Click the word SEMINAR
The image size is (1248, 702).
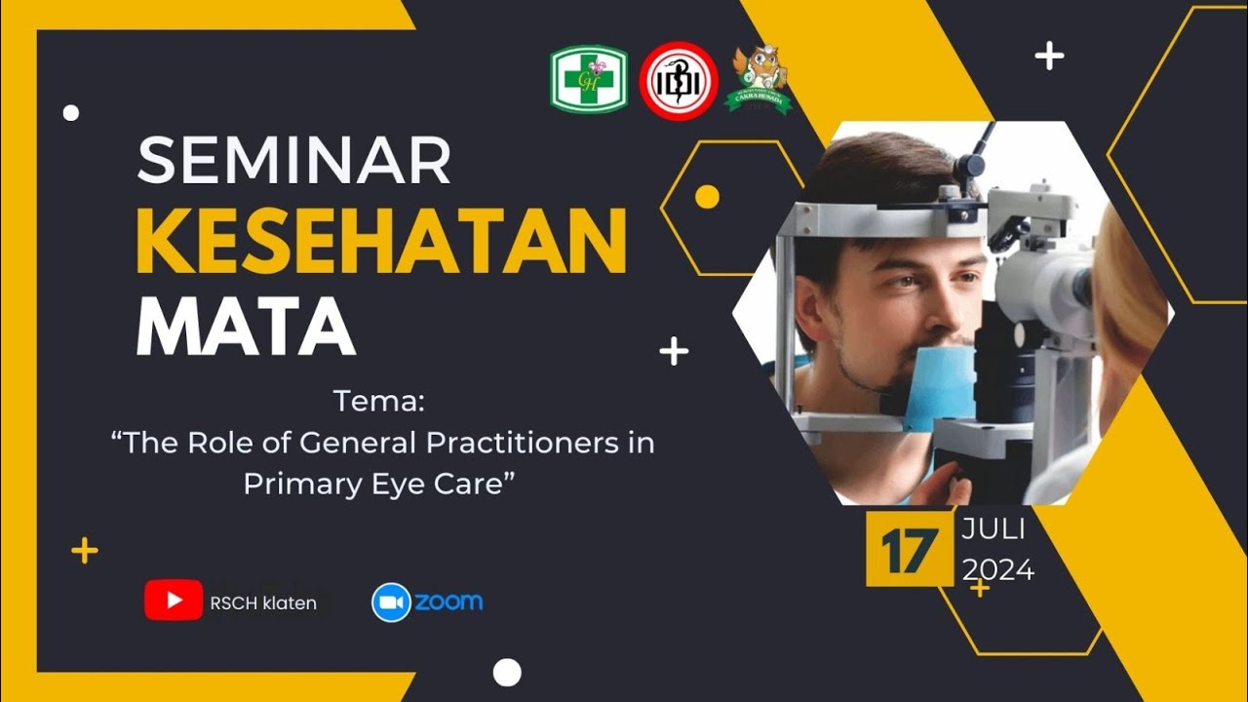[293, 162]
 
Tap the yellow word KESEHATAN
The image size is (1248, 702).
[381, 242]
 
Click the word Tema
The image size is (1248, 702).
[380, 401]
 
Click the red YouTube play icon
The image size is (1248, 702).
[174, 601]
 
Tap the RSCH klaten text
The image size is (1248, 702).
[263, 604]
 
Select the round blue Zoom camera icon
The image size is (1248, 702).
[391, 603]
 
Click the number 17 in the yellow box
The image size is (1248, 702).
[909, 549]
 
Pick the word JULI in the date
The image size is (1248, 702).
[993, 530]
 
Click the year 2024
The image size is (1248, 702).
[998, 569]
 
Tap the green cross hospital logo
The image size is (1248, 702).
[589, 80]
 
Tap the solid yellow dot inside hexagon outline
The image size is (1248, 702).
[707, 197]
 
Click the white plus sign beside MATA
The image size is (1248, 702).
[674, 351]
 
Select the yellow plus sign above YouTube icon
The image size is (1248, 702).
[85, 552]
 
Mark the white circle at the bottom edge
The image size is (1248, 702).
[507, 673]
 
